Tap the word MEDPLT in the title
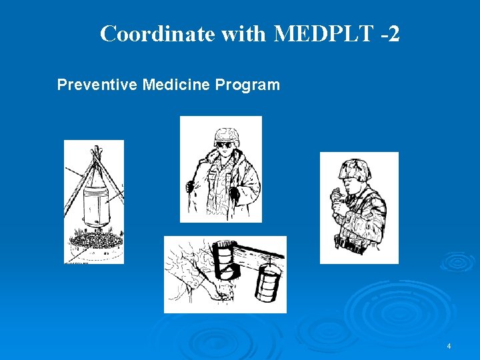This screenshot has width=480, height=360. click(x=322, y=33)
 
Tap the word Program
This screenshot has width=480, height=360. click(x=249, y=85)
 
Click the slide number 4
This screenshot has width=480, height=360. click(x=449, y=346)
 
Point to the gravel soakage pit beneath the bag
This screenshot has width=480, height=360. click(x=94, y=241)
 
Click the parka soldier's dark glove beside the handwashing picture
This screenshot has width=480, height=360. click(x=233, y=194)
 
